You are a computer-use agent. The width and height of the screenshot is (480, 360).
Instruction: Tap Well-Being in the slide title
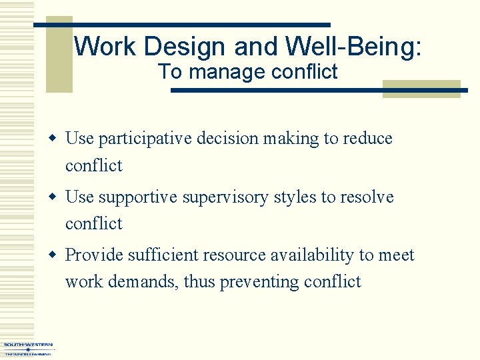pos(353,47)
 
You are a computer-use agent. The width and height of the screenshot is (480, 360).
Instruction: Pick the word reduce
pos(367,139)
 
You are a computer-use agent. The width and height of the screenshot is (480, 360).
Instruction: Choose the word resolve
pos(367,197)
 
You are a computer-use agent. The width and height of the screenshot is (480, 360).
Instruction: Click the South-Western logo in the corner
pos(27,349)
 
